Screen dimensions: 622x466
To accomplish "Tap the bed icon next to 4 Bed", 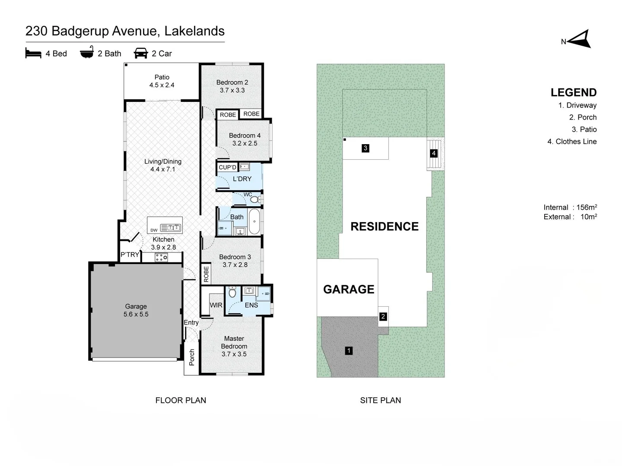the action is (x=33, y=53).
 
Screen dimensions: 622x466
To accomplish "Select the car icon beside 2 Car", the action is (x=141, y=53).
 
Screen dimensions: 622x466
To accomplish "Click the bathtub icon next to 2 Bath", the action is (x=87, y=52).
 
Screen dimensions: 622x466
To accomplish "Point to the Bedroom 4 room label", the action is (x=245, y=139).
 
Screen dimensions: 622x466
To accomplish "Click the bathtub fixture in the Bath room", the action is (x=254, y=221).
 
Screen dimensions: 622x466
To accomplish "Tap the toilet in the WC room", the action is (x=255, y=199).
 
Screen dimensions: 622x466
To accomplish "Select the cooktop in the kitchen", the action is (x=161, y=258).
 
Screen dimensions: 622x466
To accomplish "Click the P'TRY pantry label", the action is (x=130, y=255).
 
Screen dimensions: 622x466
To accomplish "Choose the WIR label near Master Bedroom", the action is (x=216, y=305).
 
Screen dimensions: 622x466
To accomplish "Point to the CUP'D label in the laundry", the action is (x=227, y=167).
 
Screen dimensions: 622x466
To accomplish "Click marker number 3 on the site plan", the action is (x=365, y=148).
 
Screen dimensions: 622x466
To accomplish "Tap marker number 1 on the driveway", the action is (x=349, y=351).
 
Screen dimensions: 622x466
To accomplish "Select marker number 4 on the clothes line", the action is (x=434, y=153).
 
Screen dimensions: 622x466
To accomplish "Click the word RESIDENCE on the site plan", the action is (x=384, y=227).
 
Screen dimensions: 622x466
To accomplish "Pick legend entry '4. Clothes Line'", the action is (x=572, y=142).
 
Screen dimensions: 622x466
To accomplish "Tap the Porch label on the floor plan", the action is (x=192, y=357).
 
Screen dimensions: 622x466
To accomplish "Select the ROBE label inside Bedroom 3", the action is (x=206, y=274).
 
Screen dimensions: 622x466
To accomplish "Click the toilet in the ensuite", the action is (x=232, y=292).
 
